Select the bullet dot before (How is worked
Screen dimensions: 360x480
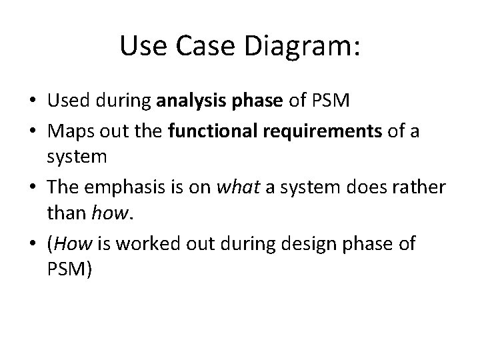click(31, 244)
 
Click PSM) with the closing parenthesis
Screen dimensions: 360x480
click(70, 269)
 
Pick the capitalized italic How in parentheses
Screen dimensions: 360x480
click(74, 243)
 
